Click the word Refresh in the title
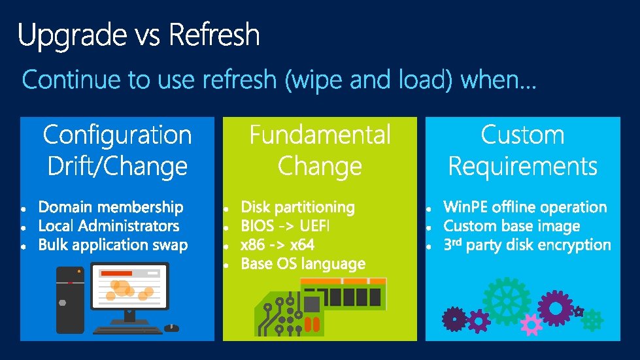(214, 35)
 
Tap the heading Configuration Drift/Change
(117, 150)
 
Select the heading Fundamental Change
(320, 150)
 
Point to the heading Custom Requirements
(522, 150)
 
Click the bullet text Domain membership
(111, 208)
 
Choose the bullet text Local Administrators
(109, 227)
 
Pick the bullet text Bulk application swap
(113, 246)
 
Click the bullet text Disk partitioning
(297, 208)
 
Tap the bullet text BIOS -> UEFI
(285, 227)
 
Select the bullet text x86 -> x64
(277, 246)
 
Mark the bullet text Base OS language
(303, 265)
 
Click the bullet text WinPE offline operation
(525, 208)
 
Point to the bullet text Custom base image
(511, 227)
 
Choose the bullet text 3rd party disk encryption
(527, 246)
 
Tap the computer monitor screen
(130, 288)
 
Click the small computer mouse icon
(171, 328)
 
